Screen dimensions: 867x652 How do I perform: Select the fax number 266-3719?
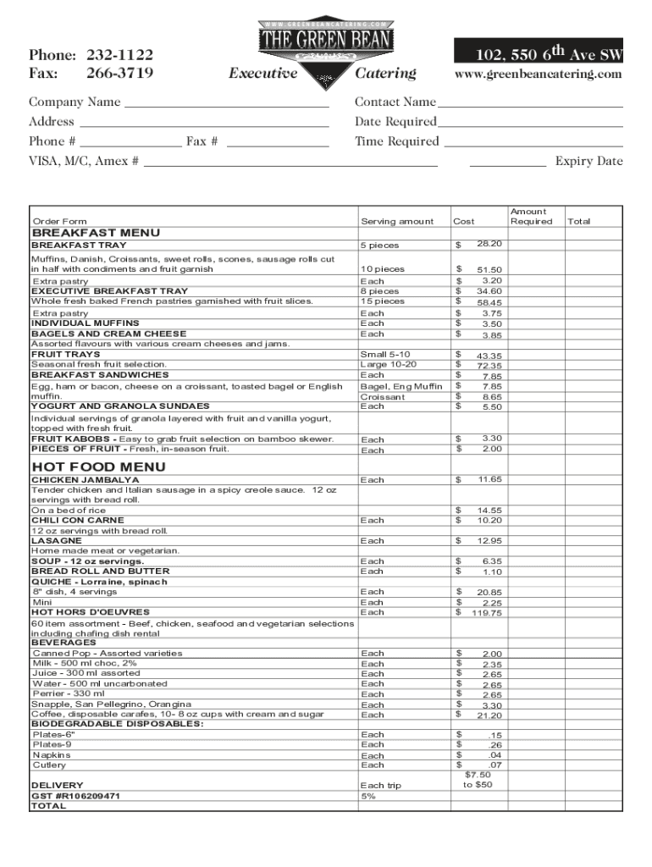119,74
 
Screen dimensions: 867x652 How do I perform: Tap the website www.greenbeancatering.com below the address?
538,75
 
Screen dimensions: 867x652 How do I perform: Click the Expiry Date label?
588,162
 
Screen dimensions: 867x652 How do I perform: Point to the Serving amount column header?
397,222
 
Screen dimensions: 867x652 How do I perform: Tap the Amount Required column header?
528,217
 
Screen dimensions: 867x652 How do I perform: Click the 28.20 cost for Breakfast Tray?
489,244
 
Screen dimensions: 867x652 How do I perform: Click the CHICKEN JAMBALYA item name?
86,480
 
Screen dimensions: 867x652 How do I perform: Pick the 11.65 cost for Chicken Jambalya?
489,479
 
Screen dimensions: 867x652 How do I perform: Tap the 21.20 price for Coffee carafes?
489,715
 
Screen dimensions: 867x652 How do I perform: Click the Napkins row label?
52,754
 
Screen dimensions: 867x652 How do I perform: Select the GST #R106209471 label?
75,796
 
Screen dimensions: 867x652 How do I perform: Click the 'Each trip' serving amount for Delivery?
381,786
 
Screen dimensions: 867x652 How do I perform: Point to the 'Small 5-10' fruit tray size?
385,354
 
